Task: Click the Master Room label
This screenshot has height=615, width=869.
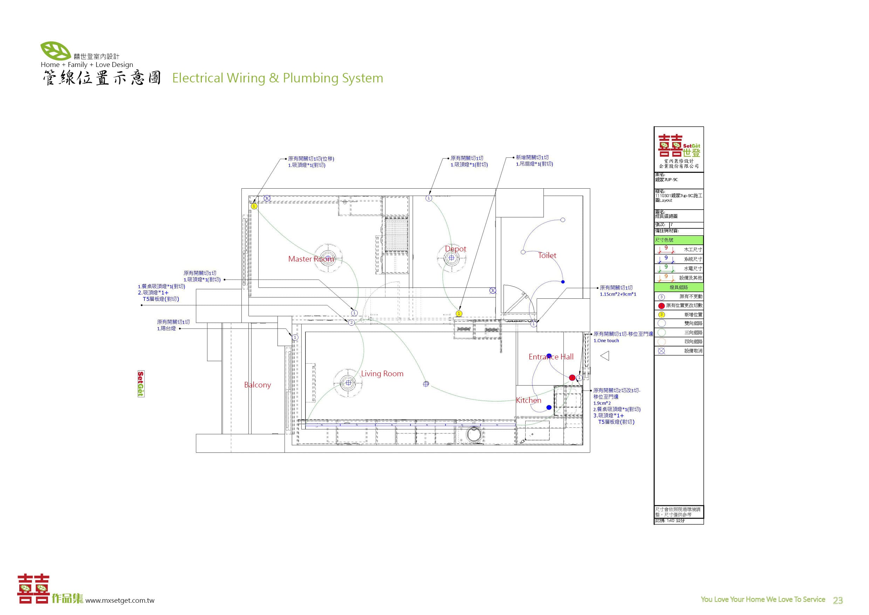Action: [311, 259]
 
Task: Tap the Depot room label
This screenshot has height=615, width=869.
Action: [455, 249]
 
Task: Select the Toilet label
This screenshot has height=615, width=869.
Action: [547, 256]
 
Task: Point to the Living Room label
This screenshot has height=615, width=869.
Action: [382, 374]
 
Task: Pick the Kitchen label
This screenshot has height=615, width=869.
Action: [528, 400]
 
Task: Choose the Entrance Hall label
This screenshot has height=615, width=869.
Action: [551, 357]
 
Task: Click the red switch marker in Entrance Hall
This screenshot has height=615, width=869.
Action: [572, 378]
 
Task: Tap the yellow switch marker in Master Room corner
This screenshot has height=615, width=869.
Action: [254, 206]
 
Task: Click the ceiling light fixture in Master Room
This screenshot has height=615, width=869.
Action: [328, 257]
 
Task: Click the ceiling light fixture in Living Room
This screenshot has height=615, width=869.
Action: [348, 383]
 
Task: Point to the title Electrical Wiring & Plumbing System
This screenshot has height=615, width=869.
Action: [278, 78]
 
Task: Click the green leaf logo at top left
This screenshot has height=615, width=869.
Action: [55, 51]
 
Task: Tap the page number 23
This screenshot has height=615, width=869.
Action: [837, 601]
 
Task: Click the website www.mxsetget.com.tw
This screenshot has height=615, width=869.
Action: [119, 601]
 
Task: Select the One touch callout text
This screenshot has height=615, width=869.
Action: [606, 341]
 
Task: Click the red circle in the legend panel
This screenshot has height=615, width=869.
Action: [661, 306]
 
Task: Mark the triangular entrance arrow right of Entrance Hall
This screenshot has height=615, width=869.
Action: [605, 356]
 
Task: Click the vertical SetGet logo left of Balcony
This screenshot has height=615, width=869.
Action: [141, 384]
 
